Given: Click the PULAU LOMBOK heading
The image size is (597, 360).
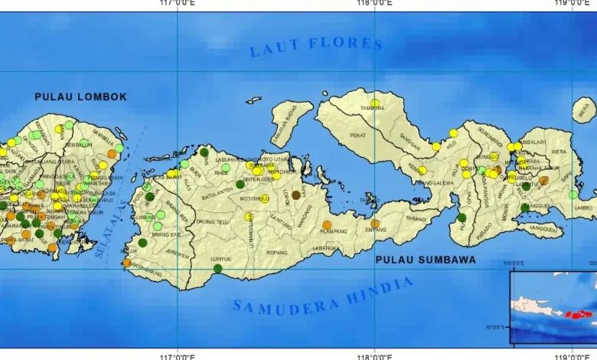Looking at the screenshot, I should pyautogui.click(x=80, y=97).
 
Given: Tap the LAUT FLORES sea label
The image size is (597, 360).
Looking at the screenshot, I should pyautogui.click(x=316, y=46).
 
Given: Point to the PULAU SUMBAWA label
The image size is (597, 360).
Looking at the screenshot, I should pyautogui.click(x=426, y=260).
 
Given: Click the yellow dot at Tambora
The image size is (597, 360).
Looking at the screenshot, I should pyautogui.click(x=375, y=103).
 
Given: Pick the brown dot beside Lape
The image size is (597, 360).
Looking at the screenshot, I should pyautogui.click(x=296, y=195).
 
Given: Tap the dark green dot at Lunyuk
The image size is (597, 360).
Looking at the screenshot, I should pyautogui.click(x=218, y=268).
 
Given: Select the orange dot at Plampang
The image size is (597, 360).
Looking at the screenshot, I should pyautogui.click(x=327, y=225).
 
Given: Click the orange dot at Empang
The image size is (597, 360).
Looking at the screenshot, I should pyautogui.click(x=375, y=224).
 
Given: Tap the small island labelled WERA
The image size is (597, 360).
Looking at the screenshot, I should pyautogui.click(x=584, y=110).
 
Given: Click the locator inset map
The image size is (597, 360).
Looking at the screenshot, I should pyautogui.click(x=553, y=306).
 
